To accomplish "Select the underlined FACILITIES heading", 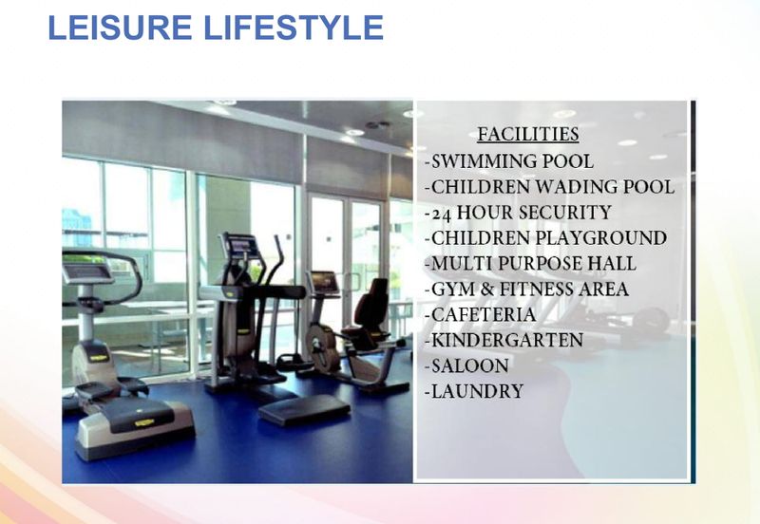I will pyautogui.click(x=527, y=135).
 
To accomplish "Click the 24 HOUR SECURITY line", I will pyautogui.click(x=518, y=213).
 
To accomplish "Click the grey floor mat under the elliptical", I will pyautogui.click(x=304, y=410).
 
